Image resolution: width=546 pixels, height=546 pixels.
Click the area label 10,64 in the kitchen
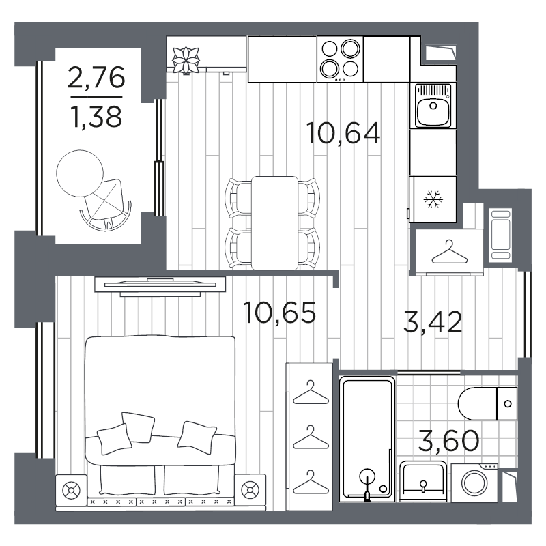point(343,133)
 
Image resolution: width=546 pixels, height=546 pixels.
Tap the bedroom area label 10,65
point(280,313)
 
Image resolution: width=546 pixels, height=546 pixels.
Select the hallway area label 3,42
point(433,322)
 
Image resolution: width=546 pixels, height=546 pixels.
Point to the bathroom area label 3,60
point(448,440)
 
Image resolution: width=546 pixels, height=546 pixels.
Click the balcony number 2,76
point(96,77)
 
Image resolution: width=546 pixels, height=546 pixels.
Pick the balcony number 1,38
point(96,117)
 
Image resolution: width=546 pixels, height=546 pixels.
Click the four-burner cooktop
point(340,59)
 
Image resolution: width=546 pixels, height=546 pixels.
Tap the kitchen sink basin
point(433,106)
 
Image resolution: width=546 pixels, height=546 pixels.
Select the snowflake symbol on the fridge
point(433,199)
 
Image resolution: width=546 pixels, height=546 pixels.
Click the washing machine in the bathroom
point(474,483)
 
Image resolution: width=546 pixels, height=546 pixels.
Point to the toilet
point(487,403)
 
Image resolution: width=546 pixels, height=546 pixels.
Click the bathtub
point(367,439)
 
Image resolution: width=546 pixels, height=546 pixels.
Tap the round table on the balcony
point(80,173)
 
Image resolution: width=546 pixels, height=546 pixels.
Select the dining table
point(275,223)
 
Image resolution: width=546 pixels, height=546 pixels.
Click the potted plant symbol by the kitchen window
point(186,60)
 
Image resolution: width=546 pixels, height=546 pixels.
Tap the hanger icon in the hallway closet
point(449,252)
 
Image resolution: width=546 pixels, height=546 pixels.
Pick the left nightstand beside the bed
point(71,490)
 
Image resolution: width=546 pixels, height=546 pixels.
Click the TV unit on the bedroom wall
point(160,287)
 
